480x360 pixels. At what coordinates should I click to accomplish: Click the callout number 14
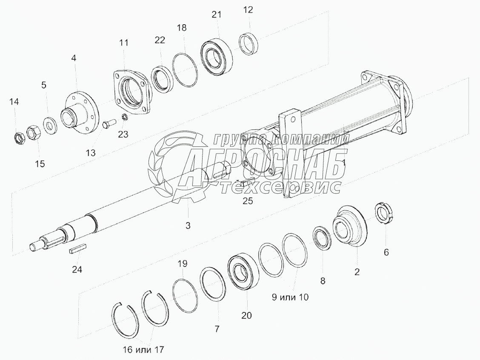[14, 102]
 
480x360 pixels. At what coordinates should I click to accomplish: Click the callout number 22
[160, 40]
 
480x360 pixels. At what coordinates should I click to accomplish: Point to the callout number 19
[182, 264]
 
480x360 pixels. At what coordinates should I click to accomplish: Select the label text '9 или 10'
[291, 297]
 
